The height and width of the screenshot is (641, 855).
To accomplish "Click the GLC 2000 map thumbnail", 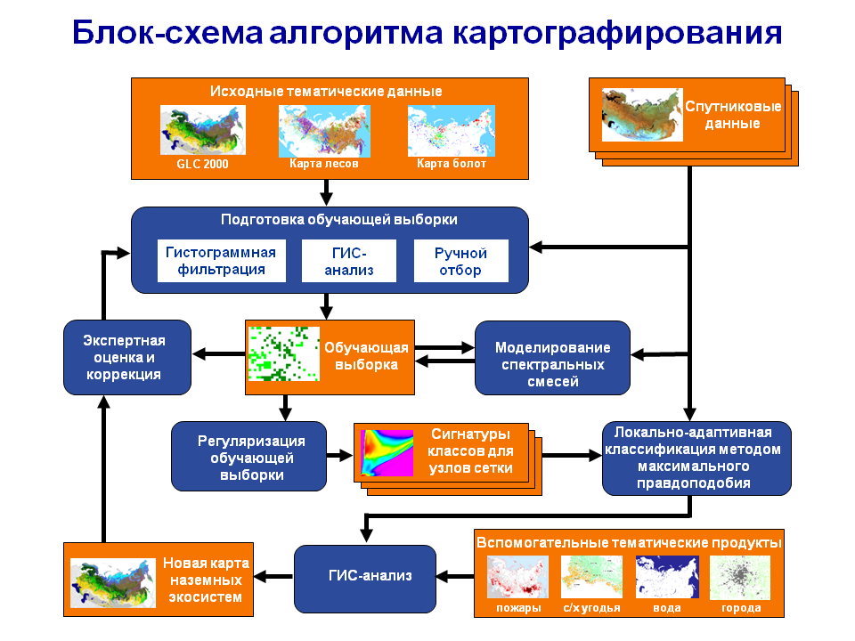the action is click(x=203, y=130).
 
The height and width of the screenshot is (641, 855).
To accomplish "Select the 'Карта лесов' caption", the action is click(x=324, y=164).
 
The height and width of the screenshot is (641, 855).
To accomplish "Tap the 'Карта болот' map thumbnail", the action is click(x=452, y=131).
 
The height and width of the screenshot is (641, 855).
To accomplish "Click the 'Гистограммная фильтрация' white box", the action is click(x=222, y=261).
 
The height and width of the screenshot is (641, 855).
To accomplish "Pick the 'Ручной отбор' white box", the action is click(x=460, y=261).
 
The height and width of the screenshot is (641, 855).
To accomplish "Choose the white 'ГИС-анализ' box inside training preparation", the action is click(x=349, y=261).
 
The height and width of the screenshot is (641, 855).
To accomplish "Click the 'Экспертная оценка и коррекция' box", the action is click(x=127, y=358).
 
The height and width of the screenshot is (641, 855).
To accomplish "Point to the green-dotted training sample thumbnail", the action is click(x=283, y=353).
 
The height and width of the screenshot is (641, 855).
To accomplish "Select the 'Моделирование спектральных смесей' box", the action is click(x=552, y=358).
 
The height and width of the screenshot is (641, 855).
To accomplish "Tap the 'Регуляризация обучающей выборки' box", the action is click(x=249, y=456).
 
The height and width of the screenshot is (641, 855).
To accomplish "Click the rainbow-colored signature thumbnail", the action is click(x=387, y=453).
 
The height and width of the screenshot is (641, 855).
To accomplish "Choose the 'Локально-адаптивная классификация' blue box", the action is click(x=696, y=458).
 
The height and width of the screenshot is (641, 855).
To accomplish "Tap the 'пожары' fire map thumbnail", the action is click(x=517, y=577).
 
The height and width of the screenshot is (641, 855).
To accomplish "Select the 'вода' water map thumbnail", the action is click(x=667, y=577).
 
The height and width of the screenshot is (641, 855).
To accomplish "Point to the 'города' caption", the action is click(x=741, y=608).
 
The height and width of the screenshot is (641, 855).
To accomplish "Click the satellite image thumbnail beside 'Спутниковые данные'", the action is click(x=642, y=115).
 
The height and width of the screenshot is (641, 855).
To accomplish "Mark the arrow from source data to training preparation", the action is click(x=326, y=192).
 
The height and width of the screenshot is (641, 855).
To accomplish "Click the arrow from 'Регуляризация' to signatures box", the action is click(x=339, y=456).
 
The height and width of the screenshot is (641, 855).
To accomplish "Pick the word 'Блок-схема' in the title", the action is click(x=167, y=33).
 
